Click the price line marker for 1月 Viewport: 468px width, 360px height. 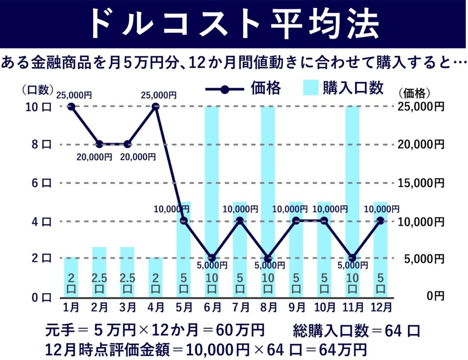click(71, 107)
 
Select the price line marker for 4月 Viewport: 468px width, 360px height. click(155, 107)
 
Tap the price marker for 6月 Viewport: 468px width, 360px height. click(212, 258)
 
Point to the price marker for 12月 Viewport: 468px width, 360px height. click(380, 220)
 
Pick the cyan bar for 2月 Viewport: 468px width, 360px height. click(99, 272)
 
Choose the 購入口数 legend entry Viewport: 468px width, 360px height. click(343, 88)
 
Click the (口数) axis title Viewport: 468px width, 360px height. click(38, 90)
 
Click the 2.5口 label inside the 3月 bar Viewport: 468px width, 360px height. click(127, 284)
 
